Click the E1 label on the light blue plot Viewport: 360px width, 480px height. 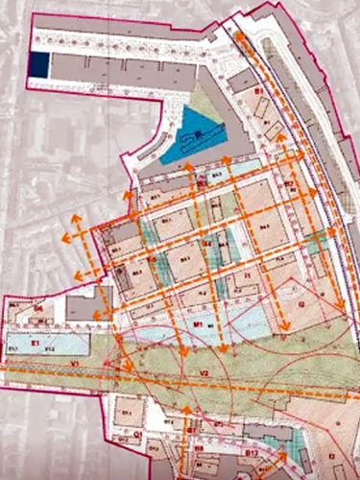tap(36, 342)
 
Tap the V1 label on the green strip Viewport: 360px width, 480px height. tap(47, 365)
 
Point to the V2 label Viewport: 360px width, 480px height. tap(204, 372)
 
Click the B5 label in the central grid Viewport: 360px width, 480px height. tap(152, 261)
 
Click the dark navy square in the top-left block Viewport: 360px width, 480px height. tap(38, 64)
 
